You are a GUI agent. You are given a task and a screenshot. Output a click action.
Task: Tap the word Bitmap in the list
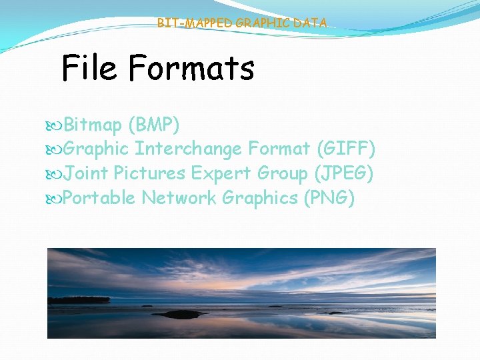pos(93,125)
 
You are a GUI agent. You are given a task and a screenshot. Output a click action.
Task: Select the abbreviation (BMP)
pos(154,125)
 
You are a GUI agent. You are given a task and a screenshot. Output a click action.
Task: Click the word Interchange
pos(188,149)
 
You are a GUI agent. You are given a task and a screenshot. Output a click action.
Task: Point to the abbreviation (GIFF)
pos(347,149)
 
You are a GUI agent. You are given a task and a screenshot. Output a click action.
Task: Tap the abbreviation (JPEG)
pos(343,173)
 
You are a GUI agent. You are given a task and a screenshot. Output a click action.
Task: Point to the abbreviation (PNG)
pos(329,198)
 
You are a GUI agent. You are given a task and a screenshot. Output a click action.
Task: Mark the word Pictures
pos(149,173)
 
